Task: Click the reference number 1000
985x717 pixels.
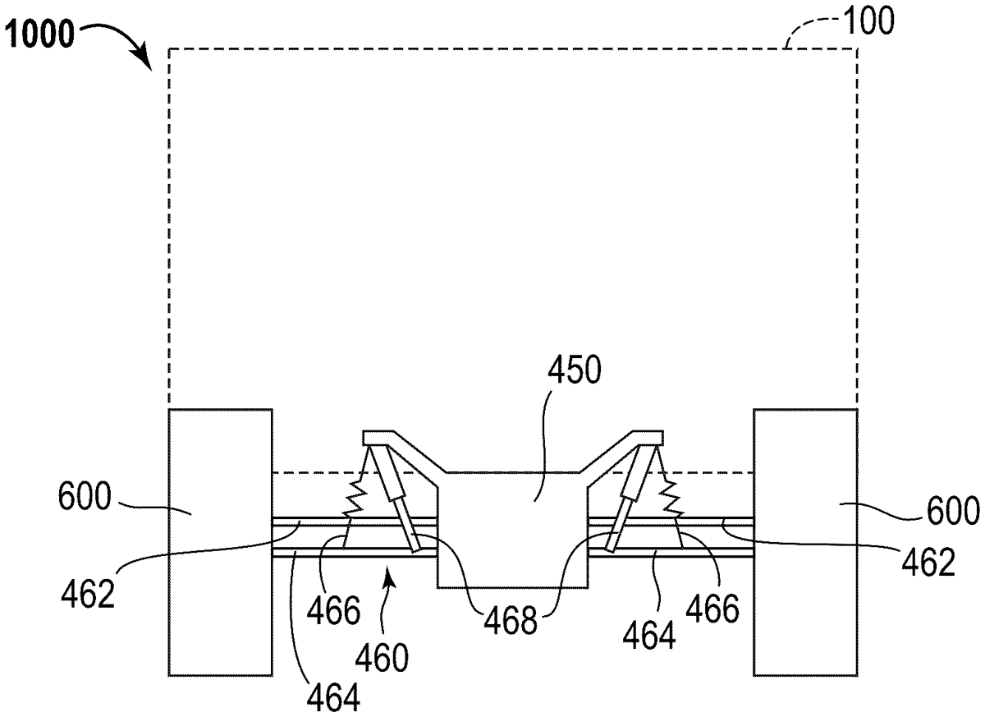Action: click(39, 34)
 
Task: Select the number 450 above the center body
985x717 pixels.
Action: click(575, 370)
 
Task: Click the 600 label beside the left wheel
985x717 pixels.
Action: click(85, 497)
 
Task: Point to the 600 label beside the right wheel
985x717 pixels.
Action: click(953, 511)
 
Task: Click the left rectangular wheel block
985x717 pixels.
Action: click(220, 542)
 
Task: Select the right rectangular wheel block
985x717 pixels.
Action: click(805, 542)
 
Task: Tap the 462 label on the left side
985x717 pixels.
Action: click(88, 595)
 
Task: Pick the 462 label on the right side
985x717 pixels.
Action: click(928, 562)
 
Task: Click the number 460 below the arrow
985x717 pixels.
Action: click(382, 658)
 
